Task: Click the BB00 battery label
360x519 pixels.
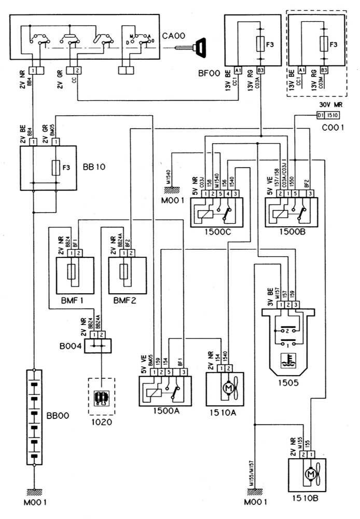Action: pyautogui.click(x=58, y=415)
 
